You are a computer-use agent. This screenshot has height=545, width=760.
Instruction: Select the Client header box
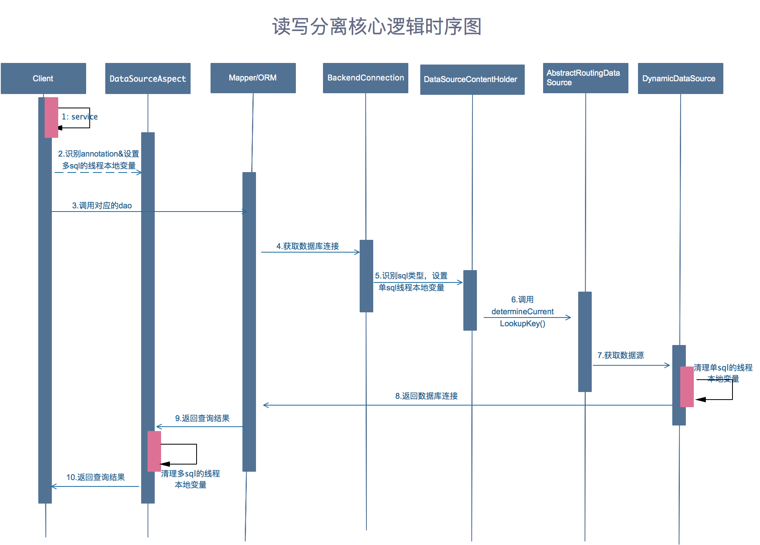[x=43, y=78]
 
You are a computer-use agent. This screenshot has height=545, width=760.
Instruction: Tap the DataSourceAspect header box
[x=148, y=78]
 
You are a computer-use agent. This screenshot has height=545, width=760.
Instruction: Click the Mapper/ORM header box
[x=253, y=78]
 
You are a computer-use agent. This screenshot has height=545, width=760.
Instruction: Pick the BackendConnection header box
[x=365, y=78]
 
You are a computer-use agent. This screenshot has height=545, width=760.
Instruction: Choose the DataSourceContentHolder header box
[x=472, y=80]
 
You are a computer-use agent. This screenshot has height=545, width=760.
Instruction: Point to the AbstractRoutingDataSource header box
[x=585, y=78]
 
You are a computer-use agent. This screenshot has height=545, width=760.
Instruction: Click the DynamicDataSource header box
[x=680, y=78]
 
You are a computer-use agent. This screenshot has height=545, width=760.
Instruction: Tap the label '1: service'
[x=79, y=117]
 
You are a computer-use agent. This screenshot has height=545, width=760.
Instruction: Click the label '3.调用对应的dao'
[x=102, y=206]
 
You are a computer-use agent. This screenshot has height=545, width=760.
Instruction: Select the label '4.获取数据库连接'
[x=307, y=246]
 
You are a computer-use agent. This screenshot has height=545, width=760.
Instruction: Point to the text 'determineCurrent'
[x=522, y=312]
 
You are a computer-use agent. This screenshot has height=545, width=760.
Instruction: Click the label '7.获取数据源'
[x=620, y=355]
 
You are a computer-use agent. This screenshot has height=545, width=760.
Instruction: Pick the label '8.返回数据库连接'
[x=426, y=396]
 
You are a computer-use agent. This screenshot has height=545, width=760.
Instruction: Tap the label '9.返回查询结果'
[x=202, y=418]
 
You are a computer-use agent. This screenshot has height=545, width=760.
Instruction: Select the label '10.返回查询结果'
[x=95, y=477]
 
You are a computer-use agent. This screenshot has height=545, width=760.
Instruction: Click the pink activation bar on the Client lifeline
[x=51, y=118]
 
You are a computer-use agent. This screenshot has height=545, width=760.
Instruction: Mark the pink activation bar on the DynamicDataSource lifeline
[x=687, y=386]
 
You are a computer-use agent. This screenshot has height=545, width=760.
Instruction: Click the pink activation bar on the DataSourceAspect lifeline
[x=154, y=451]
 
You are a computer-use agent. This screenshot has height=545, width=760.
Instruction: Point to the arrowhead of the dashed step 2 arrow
[x=139, y=173]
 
